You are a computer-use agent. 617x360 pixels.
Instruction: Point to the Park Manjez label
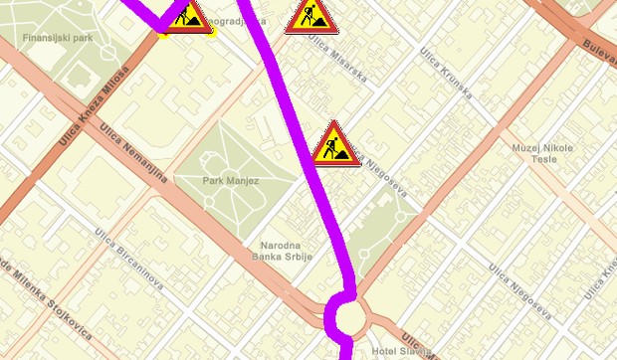pos(231,181)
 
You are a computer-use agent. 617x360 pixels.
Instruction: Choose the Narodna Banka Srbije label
pos(287,251)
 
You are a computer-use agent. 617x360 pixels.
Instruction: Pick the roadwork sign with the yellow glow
pos(185,17)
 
